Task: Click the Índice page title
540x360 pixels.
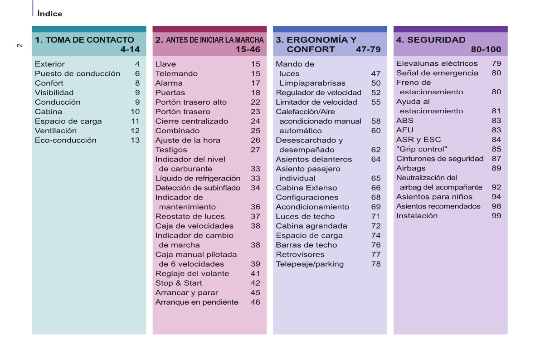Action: pos(50,14)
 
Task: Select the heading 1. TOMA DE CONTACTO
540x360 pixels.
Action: pos(84,40)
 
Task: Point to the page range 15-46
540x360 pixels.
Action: pos(248,49)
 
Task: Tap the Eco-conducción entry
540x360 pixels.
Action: pos(65,140)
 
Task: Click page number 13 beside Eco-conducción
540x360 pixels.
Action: pos(135,140)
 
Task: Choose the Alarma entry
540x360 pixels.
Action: pos(169,83)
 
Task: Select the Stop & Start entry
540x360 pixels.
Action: pos(179,283)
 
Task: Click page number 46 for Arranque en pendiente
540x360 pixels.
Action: pos(255,302)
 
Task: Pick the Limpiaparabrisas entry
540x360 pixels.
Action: pos(312,83)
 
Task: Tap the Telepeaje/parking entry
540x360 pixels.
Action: pos(310,264)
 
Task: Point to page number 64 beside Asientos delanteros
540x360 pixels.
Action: pos(376,159)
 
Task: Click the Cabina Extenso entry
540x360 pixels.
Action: pos(306,188)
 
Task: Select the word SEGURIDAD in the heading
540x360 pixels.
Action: pos(436,40)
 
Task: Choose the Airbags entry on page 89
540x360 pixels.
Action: pos(411,168)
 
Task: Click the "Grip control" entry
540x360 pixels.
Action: pos(422,149)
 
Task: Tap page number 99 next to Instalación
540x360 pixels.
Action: pos(496,216)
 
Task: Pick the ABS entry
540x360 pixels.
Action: pos(404,121)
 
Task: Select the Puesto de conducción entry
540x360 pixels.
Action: pos(78,73)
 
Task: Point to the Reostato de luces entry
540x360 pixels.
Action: pos(190,216)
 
